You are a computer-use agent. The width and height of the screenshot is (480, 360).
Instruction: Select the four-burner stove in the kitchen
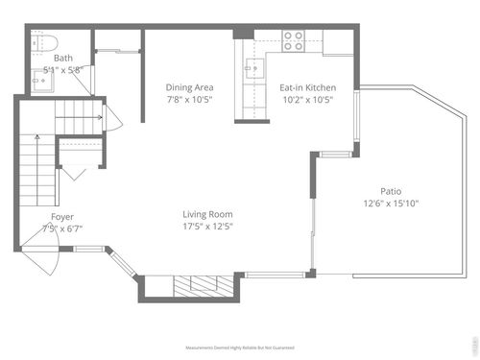pos(293,40)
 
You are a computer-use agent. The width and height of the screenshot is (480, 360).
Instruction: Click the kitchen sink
pos(254,69)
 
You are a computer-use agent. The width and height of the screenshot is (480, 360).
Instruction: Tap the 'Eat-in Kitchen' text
pos(306,87)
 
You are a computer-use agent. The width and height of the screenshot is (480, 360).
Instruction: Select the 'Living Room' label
pos(208,214)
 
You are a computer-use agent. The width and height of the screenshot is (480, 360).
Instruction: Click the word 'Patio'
pos(391,190)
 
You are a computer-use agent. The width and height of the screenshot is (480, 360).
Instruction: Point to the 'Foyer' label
pos(62,217)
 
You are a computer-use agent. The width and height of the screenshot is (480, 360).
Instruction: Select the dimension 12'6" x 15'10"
pos(391,203)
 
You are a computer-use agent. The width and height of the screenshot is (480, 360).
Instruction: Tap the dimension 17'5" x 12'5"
pos(208,227)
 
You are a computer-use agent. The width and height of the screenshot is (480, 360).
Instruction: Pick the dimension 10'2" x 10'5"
pos(306,100)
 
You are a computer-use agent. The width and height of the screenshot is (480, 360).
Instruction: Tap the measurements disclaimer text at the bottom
pos(239,348)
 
